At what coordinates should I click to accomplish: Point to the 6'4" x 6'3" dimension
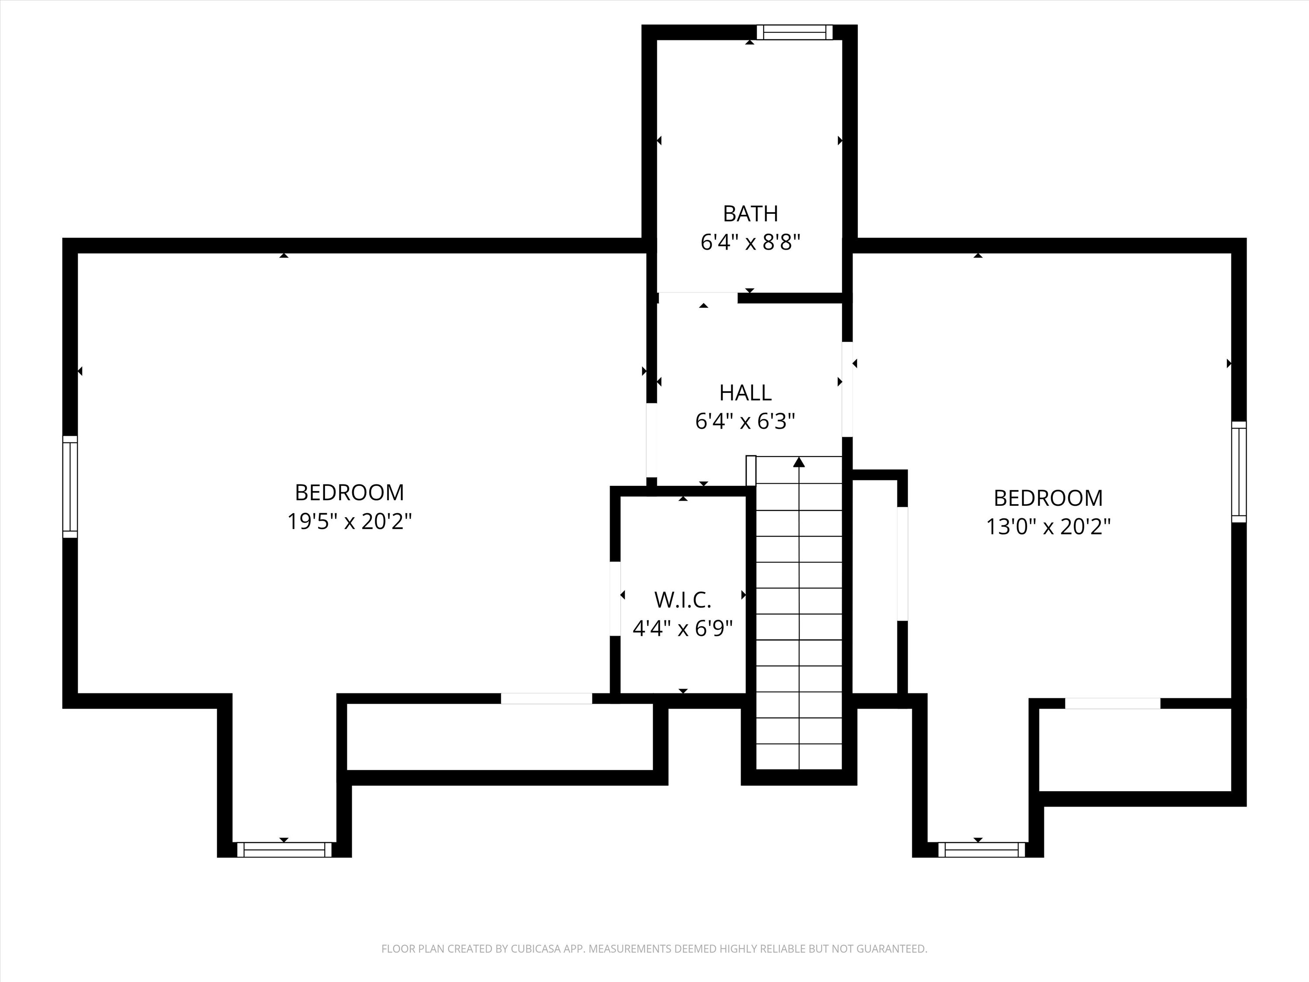tap(745, 422)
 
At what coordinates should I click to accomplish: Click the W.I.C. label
tap(682, 600)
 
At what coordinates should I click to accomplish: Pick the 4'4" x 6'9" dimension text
tap(682, 628)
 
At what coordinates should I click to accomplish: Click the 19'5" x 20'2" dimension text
tap(349, 522)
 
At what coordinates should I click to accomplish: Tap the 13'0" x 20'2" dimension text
tap(1048, 526)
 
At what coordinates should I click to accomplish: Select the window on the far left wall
tap(70, 487)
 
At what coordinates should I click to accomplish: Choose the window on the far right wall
tap(1239, 472)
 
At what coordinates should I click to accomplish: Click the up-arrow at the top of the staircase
tap(799, 462)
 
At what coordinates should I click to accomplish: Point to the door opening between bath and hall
tap(698, 298)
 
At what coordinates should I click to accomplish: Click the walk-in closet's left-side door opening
tap(615, 599)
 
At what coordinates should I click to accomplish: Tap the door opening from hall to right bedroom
tap(847, 389)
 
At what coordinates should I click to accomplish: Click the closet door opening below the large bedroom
tap(546, 698)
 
